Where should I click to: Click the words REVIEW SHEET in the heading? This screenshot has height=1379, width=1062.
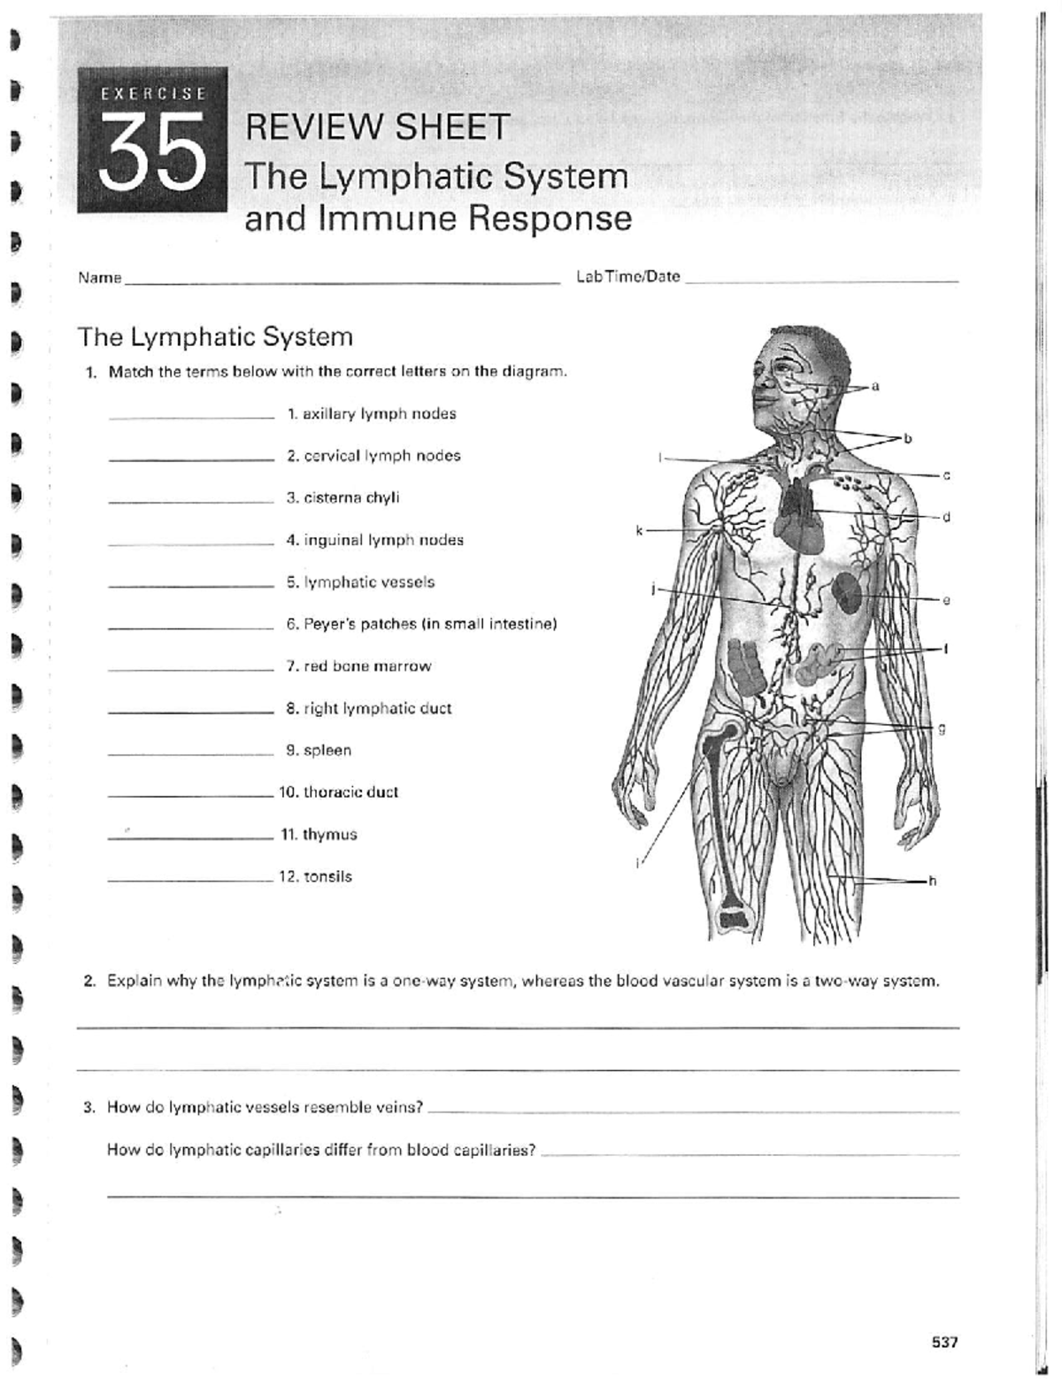coord(377,127)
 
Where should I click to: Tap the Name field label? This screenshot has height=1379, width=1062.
coord(99,277)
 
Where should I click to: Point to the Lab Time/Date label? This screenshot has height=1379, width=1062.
coord(627,276)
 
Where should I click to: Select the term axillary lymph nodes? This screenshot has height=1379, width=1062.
coord(372,413)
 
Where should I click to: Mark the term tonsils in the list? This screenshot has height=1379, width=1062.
coord(316,877)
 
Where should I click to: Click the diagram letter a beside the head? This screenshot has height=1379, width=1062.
coord(875,386)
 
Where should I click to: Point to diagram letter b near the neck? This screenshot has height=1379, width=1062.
coord(906,438)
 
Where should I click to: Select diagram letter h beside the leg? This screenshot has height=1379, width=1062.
coord(931,881)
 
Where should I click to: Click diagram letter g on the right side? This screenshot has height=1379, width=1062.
coord(942,728)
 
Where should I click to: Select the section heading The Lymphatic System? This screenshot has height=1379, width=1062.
coord(215,337)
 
